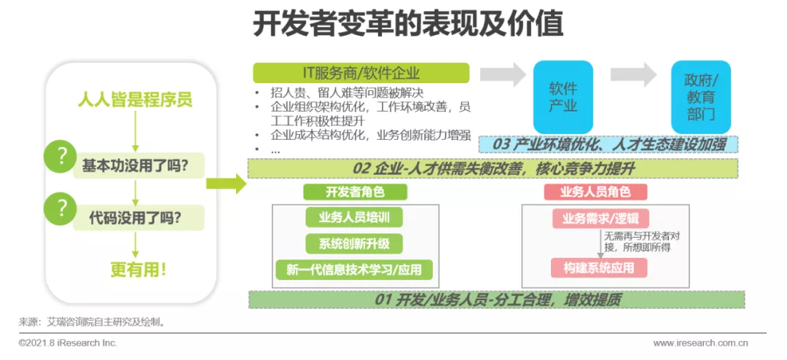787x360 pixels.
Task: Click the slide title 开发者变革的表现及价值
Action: click(x=407, y=25)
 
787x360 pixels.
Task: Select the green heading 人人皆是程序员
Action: click(x=135, y=100)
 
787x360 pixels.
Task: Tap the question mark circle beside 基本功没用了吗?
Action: click(x=62, y=157)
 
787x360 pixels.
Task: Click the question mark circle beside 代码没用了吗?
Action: click(x=62, y=209)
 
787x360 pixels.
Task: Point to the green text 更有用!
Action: click(x=138, y=270)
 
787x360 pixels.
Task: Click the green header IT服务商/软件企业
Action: click(x=361, y=74)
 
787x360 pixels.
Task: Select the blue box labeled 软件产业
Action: click(x=563, y=97)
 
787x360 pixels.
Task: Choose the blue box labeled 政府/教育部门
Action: click(x=701, y=97)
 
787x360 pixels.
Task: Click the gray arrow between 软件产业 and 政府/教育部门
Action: click(x=633, y=75)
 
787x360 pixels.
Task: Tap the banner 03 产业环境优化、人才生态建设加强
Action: click(x=608, y=144)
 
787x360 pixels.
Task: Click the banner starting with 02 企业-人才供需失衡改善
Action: click(x=494, y=168)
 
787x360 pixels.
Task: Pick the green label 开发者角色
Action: click(x=355, y=192)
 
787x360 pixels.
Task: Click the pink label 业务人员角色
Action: click(x=596, y=192)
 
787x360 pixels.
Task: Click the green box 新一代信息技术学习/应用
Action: click(x=354, y=270)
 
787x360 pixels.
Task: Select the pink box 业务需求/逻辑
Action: click(x=599, y=219)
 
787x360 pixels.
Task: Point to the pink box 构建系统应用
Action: click(x=599, y=268)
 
